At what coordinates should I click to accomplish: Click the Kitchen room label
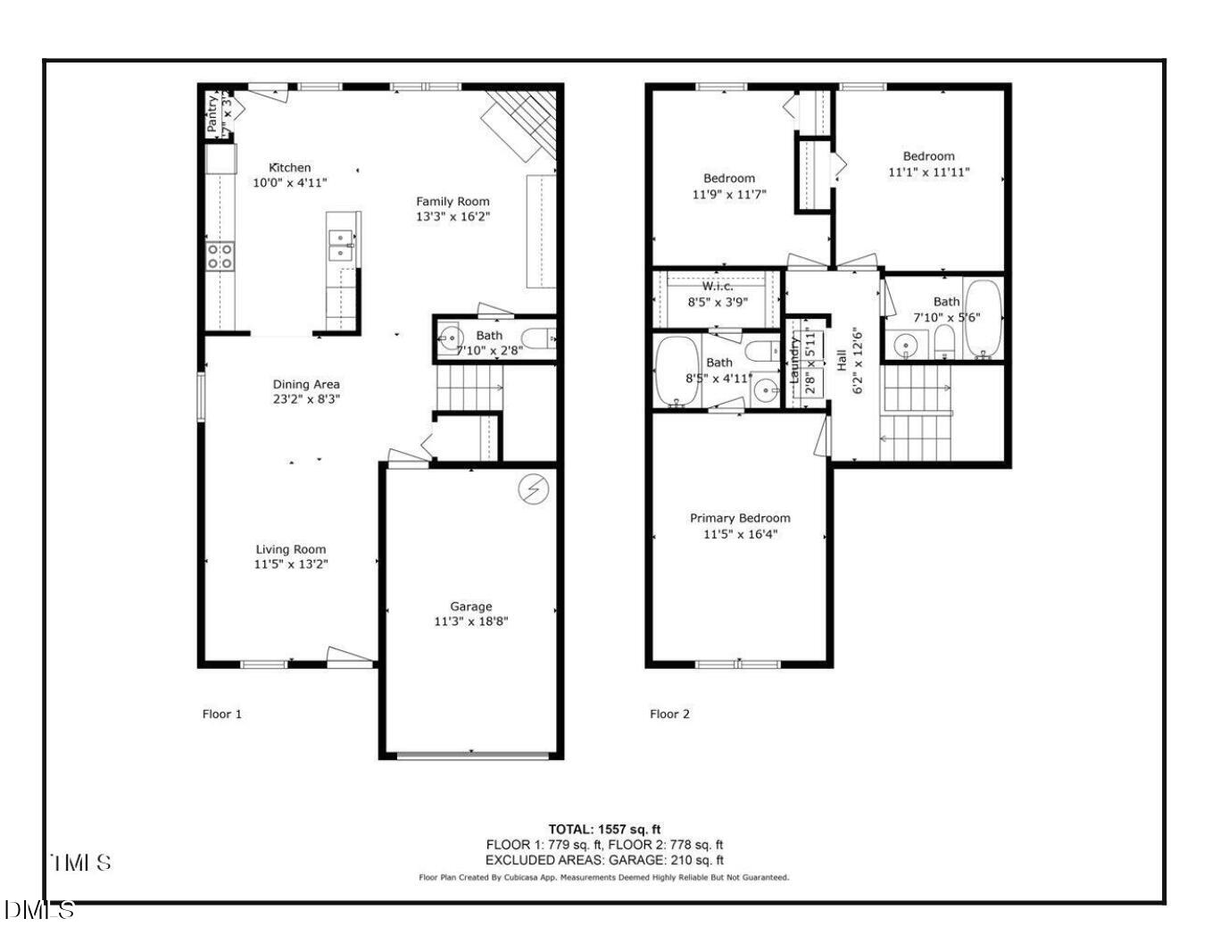click(290, 167)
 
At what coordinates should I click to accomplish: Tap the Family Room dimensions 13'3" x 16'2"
click(452, 216)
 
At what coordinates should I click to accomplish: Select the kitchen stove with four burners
click(220, 256)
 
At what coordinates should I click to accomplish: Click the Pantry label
click(212, 114)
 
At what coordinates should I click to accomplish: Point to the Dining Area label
click(306, 384)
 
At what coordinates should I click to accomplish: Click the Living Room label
click(291, 549)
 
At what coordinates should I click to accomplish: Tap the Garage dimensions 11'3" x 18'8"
click(470, 622)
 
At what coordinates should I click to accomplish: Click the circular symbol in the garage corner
click(535, 489)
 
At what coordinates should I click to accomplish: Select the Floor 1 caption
click(222, 714)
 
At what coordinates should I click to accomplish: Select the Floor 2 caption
click(669, 714)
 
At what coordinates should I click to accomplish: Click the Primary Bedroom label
click(740, 518)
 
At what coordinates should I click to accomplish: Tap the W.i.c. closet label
click(718, 287)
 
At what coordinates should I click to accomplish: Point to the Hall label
click(842, 361)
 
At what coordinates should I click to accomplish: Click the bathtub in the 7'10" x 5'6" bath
click(984, 319)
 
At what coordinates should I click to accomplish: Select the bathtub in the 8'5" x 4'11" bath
click(677, 371)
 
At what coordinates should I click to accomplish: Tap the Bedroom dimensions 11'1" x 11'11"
click(928, 172)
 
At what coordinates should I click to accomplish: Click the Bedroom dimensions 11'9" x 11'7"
click(729, 194)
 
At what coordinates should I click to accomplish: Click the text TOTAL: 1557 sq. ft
click(604, 829)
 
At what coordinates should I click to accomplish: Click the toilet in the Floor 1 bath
click(538, 338)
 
